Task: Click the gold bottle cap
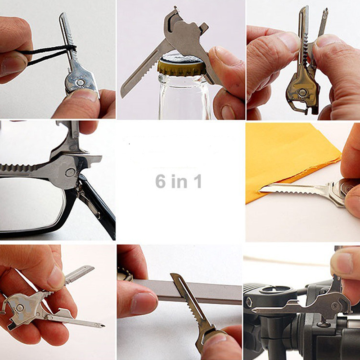click(181, 67)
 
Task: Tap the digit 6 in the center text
click(160, 181)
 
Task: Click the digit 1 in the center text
click(198, 181)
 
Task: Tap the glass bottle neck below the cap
click(184, 96)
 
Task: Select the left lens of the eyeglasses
click(30, 204)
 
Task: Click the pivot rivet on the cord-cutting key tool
click(80, 82)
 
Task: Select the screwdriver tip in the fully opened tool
click(101, 325)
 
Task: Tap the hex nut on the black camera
click(249, 302)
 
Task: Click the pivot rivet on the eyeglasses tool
click(70, 172)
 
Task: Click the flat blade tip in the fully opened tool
click(90, 268)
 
